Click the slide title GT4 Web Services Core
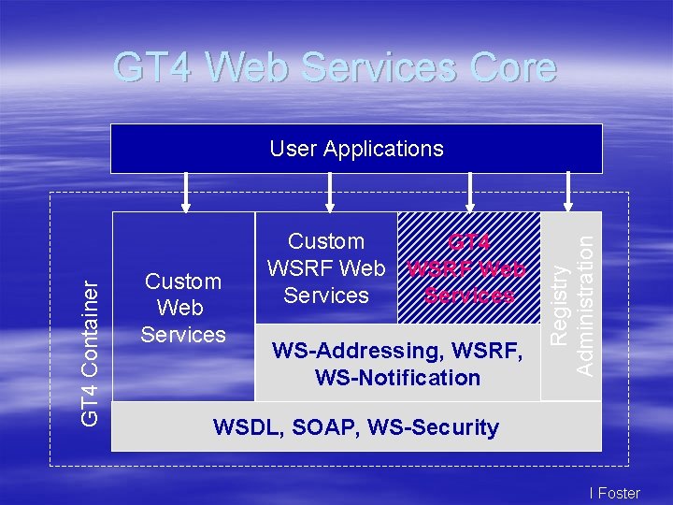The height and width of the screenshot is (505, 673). [x=335, y=68]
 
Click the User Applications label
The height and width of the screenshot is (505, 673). [x=356, y=149]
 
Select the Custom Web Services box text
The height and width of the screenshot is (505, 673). [x=183, y=308]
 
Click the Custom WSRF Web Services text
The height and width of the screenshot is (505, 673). [x=326, y=268]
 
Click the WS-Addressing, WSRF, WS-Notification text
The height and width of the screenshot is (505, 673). [x=397, y=365]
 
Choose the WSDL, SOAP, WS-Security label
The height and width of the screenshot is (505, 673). [x=356, y=427]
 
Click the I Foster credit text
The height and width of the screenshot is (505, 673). [x=615, y=493]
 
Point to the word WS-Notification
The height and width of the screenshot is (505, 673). [x=397, y=378]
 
